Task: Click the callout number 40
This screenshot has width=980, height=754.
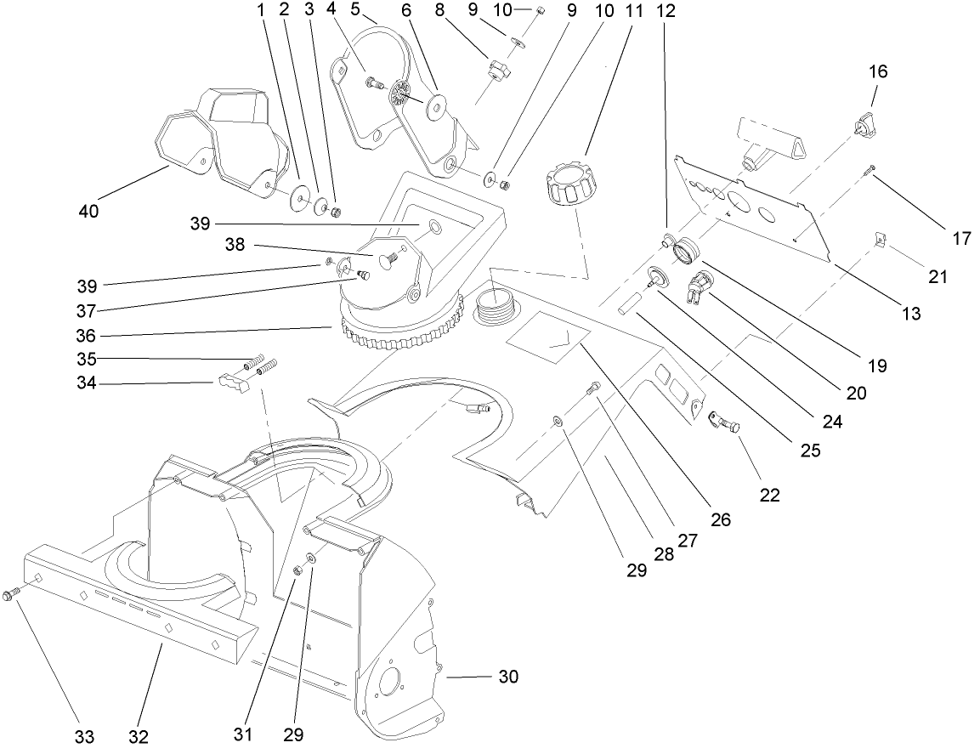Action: pos(88,211)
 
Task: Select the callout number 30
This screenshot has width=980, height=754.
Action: pos(508,677)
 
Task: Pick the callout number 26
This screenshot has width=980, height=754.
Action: pos(721,519)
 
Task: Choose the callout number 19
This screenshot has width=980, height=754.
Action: pos(878,366)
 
